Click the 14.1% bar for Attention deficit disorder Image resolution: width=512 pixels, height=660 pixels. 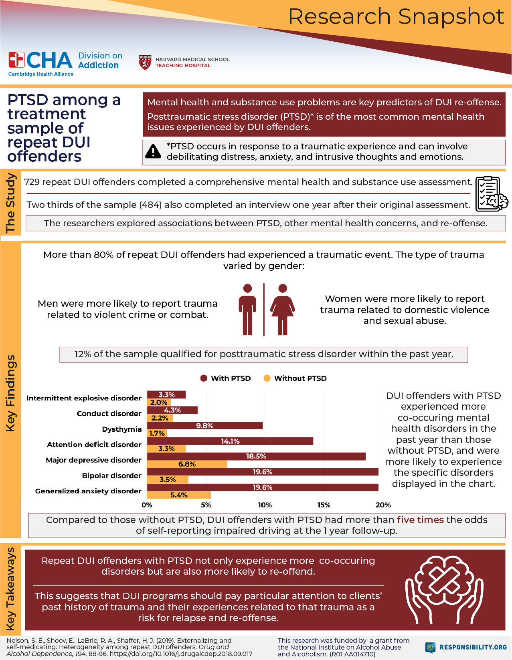pyautogui.click(x=230, y=441)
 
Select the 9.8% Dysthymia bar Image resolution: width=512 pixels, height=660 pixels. pyautogui.click(x=204, y=425)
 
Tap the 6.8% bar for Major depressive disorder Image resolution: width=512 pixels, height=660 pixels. pyautogui.click(x=187, y=464)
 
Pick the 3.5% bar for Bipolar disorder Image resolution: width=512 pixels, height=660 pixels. pyautogui.click(x=168, y=479)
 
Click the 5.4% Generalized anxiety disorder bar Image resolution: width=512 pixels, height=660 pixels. pyautogui.click(x=179, y=495)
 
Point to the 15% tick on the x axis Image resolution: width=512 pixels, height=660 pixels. pyautogui.click(x=324, y=505)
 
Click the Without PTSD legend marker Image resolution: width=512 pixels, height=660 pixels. pyautogui.click(x=267, y=378)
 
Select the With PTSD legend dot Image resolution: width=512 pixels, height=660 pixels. pyautogui.click(x=204, y=378)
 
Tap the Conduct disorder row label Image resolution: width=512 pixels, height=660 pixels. pyautogui.click(x=109, y=413)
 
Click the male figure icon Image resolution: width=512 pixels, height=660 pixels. pyautogui.click(x=247, y=309)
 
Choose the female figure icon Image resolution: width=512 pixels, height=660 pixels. pyautogui.click(x=283, y=309)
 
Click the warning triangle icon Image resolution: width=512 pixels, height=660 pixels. pyautogui.click(x=153, y=152)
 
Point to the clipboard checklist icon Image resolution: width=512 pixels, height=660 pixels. pyautogui.click(x=491, y=194)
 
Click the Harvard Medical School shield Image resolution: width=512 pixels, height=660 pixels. pyautogui.click(x=145, y=62)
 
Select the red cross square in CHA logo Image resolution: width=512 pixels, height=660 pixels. pyautogui.click(x=16, y=60)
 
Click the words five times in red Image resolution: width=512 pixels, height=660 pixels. pyautogui.click(x=420, y=520)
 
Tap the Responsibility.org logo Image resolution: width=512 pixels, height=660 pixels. pyautogui.click(x=466, y=647)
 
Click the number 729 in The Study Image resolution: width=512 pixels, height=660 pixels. pyautogui.click(x=32, y=182)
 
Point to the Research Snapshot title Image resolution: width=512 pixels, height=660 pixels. pyautogui.click(x=396, y=17)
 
